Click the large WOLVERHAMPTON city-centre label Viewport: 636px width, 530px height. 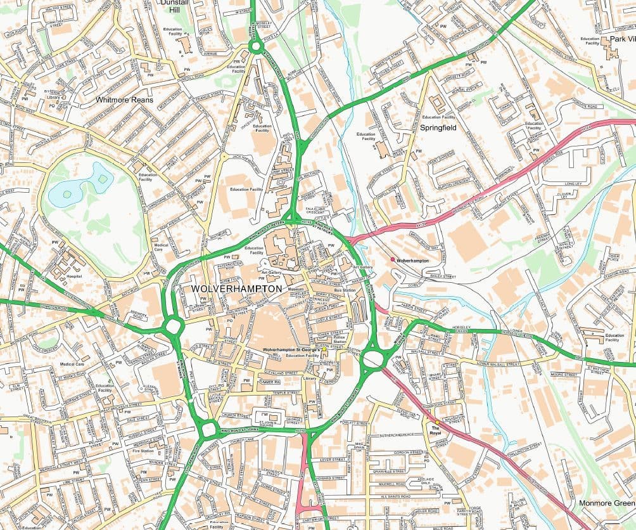pos(236,289)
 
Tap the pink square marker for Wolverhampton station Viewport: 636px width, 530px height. pos(393,260)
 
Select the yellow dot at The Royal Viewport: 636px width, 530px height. pos(436,422)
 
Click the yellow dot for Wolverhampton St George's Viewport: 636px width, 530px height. pos(324,349)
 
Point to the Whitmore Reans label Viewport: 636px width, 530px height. pos(125,100)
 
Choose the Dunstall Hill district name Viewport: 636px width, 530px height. pos(175,6)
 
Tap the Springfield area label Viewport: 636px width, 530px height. pos(438,127)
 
